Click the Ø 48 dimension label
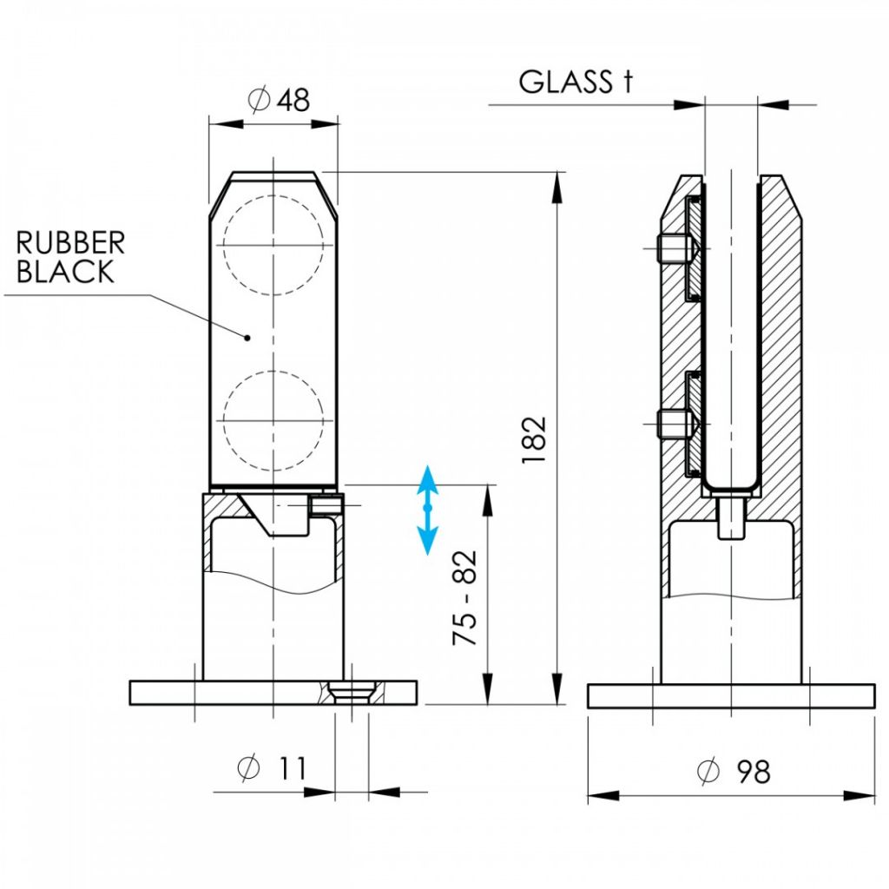click(x=279, y=100)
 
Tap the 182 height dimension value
click(x=534, y=440)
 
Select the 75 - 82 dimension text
click(x=465, y=597)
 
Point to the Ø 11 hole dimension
click(x=272, y=768)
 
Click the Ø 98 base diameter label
click(x=734, y=771)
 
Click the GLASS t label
click(x=575, y=82)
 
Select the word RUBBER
click(x=70, y=243)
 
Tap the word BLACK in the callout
click(x=65, y=271)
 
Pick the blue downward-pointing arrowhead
click(x=427, y=540)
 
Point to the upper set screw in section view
click(x=678, y=248)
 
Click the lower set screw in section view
click(x=678, y=424)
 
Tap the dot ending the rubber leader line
click(x=247, y=339)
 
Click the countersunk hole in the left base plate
click(x=352, y=693)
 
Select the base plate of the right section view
click(x=731, y=696)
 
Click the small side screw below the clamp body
click(x=327, y=504)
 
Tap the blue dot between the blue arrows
click(x=427, y=508)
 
